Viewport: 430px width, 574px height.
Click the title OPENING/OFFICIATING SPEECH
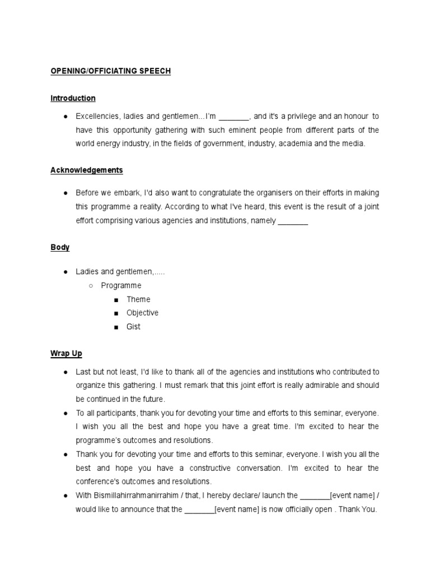click(x=111, y=71)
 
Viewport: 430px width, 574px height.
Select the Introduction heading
click(x=73, y=98)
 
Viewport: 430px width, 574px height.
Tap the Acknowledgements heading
click(x=86, y=170)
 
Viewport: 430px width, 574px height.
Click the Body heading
click(x=60, y=247)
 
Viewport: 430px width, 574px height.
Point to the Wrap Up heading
click(x=66, y=354)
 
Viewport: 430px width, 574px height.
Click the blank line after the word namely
click(x=293, y=221)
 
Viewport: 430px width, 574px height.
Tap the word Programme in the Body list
click(x=121, y=285)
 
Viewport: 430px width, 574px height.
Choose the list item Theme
click(x=138, y=299)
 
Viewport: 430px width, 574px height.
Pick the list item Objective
click(x=142, y=313)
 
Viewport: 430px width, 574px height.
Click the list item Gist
click(x=133, y=326)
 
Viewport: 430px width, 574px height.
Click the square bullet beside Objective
click(x=116, y=313)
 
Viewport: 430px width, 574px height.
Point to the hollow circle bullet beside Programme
click(x=91, y=286)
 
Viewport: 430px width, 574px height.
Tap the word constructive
click(x=211, y=468)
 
